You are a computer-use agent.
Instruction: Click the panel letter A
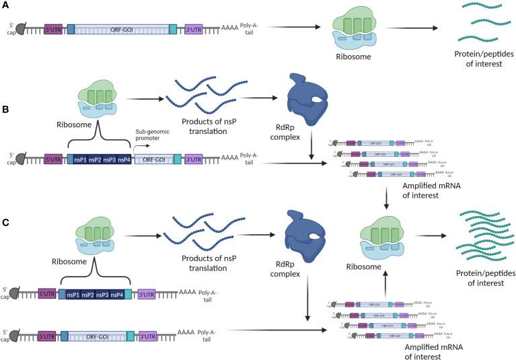6,5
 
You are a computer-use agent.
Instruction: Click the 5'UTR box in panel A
53,29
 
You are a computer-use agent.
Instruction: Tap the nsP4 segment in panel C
117,295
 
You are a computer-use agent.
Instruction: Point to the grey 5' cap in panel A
21,29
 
